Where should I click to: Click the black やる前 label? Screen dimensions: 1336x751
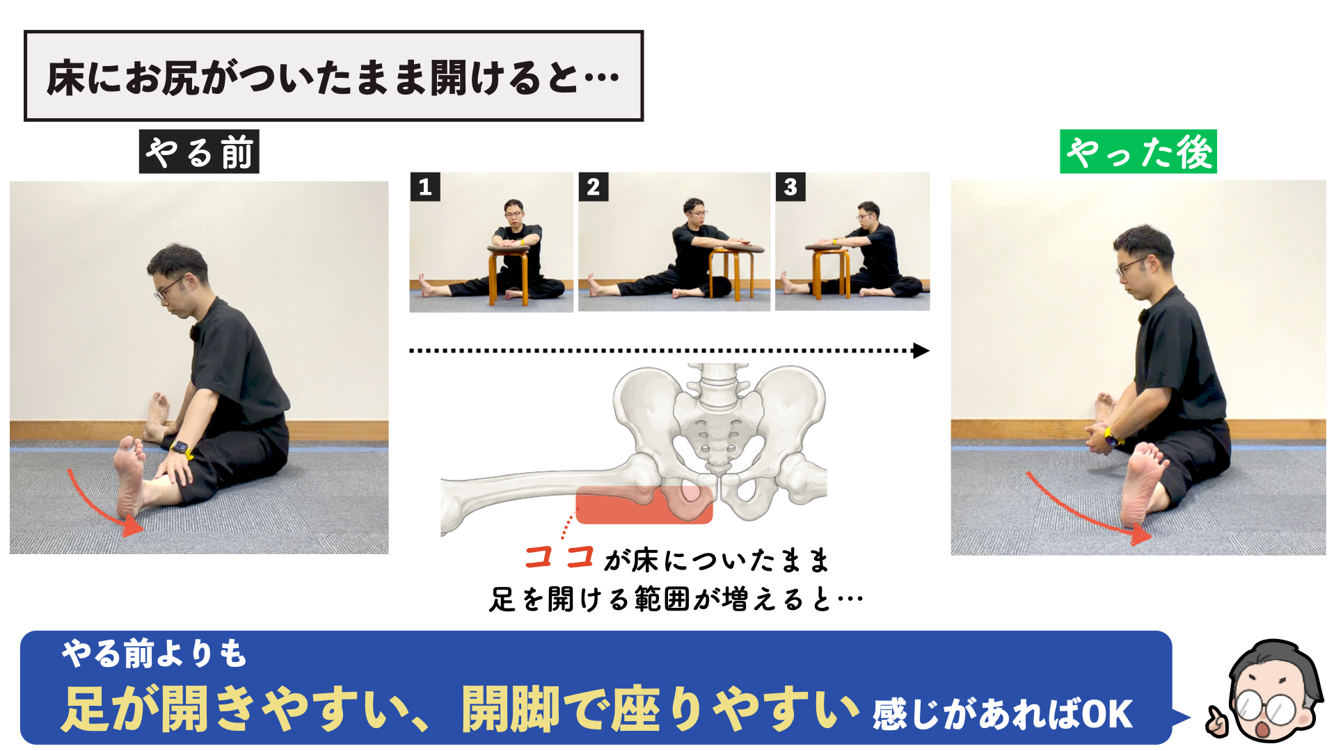199,152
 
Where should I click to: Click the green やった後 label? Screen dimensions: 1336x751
1138,152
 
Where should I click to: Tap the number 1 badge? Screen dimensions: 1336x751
425,187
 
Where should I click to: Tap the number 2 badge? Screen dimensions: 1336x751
594,187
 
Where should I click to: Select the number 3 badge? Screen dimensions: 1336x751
790,187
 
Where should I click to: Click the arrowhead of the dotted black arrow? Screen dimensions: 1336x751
921,350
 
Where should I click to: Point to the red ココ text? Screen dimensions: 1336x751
559,557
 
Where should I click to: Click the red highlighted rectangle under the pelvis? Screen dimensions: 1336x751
644,505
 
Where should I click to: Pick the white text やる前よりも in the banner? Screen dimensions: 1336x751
154,654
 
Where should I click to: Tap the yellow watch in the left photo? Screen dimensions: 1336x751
182,448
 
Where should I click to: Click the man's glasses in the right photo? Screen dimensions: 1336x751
1131,266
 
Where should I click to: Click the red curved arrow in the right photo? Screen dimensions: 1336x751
1082,511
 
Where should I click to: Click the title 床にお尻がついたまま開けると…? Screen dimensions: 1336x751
333,77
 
